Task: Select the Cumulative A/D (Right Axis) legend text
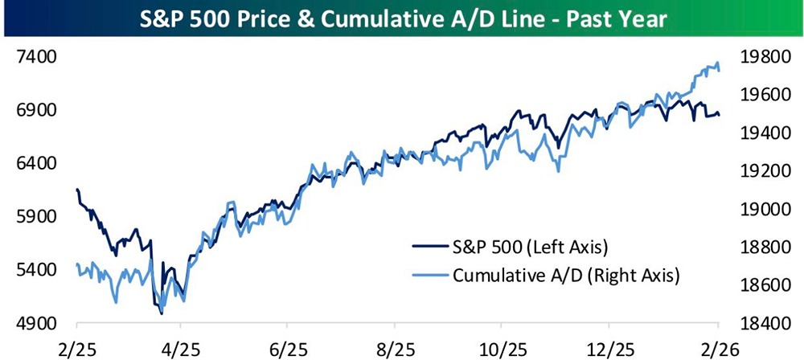pyautogui.click(x=568, y=276)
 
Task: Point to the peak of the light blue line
pyautogui.click(x=716, y=63)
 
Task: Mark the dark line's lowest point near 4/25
pyautogui.click(x=162, y=313)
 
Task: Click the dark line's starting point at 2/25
pyautogui.click(x=76, y=190)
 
